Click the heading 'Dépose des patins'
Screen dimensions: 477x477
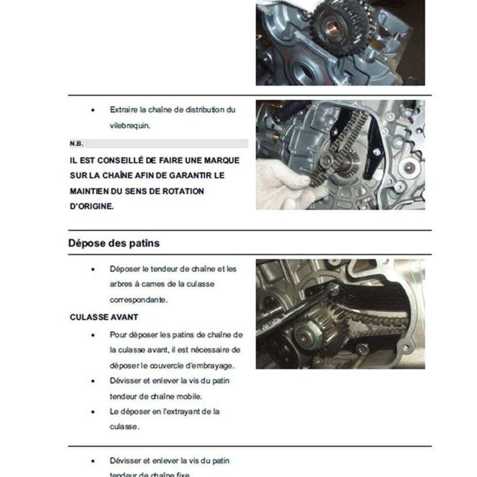(x=114, y=243)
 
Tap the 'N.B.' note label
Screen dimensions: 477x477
(x=76, y=144)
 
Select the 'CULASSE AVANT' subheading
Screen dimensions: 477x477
(x=104, y=317)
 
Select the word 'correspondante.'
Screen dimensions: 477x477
(x=138, y=300)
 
